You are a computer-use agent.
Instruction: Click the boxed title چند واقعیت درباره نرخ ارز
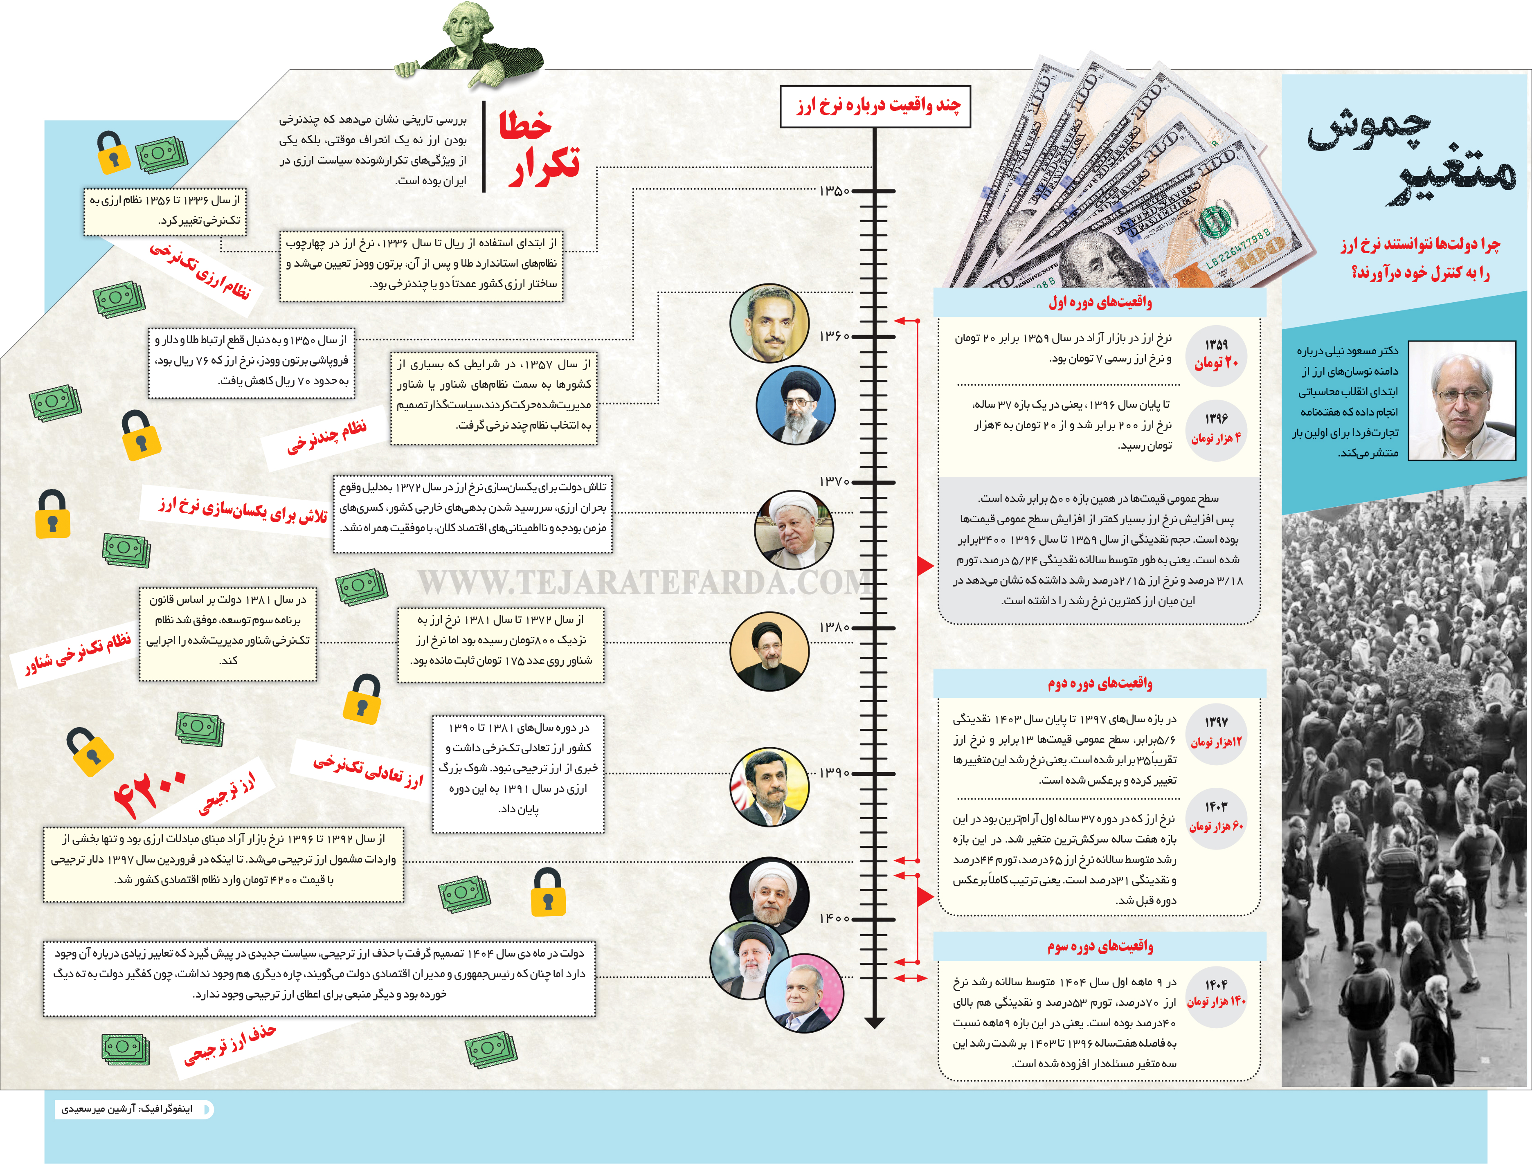click(x=875, y=106)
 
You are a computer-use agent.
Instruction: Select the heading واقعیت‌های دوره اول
click(x=1100, y=302)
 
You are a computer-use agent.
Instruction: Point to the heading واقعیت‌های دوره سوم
click(x=1100, y=946)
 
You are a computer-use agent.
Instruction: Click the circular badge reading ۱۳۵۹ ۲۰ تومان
click(x=1216, y=354)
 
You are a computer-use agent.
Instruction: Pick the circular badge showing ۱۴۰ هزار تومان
click(x=1216, y=993)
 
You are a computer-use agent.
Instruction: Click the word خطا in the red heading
click(x=524, y=126)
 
